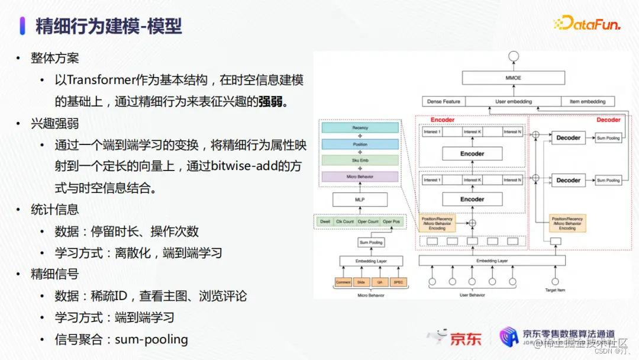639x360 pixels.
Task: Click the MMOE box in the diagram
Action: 512,78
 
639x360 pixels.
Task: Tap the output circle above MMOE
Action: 513,57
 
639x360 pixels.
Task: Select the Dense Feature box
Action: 443,101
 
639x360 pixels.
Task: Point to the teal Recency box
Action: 360,127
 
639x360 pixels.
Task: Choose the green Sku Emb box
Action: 360,160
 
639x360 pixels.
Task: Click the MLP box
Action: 360,200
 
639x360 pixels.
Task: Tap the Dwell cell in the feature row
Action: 325,221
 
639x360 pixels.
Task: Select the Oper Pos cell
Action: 391,221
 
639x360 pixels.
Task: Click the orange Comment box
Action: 343,282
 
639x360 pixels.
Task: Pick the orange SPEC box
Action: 398,282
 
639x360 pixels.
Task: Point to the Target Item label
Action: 555,290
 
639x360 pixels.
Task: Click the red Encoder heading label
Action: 443,120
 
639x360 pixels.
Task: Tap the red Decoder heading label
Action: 608,120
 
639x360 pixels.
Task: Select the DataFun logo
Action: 586,24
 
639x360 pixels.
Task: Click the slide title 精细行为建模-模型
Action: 108,26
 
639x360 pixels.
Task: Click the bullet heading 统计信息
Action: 55,210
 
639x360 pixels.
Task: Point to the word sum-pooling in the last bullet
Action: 151,339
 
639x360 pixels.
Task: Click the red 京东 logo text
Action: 466,339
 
